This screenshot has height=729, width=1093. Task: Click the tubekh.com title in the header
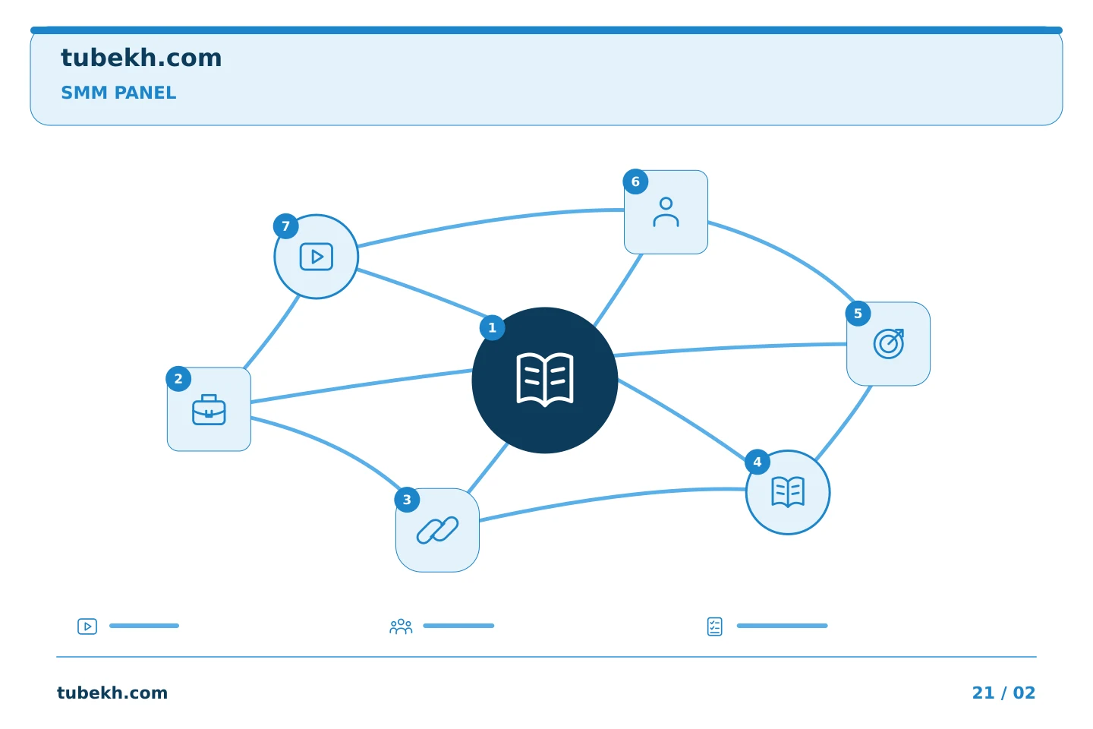pos(141,58)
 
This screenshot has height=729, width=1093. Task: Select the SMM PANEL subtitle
pos(118,93)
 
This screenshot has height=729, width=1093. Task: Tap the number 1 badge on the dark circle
pos(492,327)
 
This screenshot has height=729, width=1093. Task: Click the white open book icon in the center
pos(544,380)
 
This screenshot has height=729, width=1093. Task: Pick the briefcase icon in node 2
pos(209,409)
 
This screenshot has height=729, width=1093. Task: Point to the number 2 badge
pos(178,379)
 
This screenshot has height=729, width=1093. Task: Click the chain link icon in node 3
pos(437,530)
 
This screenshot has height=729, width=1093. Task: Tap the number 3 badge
pos(407,500)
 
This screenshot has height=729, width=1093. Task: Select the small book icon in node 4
pos(788,492)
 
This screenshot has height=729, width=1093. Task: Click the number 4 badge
pos(758,462)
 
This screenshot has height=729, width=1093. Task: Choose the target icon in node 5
pos(889,344)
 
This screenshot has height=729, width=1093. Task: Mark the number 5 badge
pos(858,314)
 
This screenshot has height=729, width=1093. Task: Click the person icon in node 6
pos(666,212)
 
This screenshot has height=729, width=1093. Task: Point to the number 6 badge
pos(635,181)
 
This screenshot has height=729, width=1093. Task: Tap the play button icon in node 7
pos(317,257)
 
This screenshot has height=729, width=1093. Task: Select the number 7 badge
pos(286,226)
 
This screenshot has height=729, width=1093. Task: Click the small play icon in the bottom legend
pos(87,626)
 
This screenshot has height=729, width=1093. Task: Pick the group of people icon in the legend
pos(401,626)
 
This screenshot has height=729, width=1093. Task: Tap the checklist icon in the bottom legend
pos(714,626)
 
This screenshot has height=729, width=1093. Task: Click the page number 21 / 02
pos(1003,693)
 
